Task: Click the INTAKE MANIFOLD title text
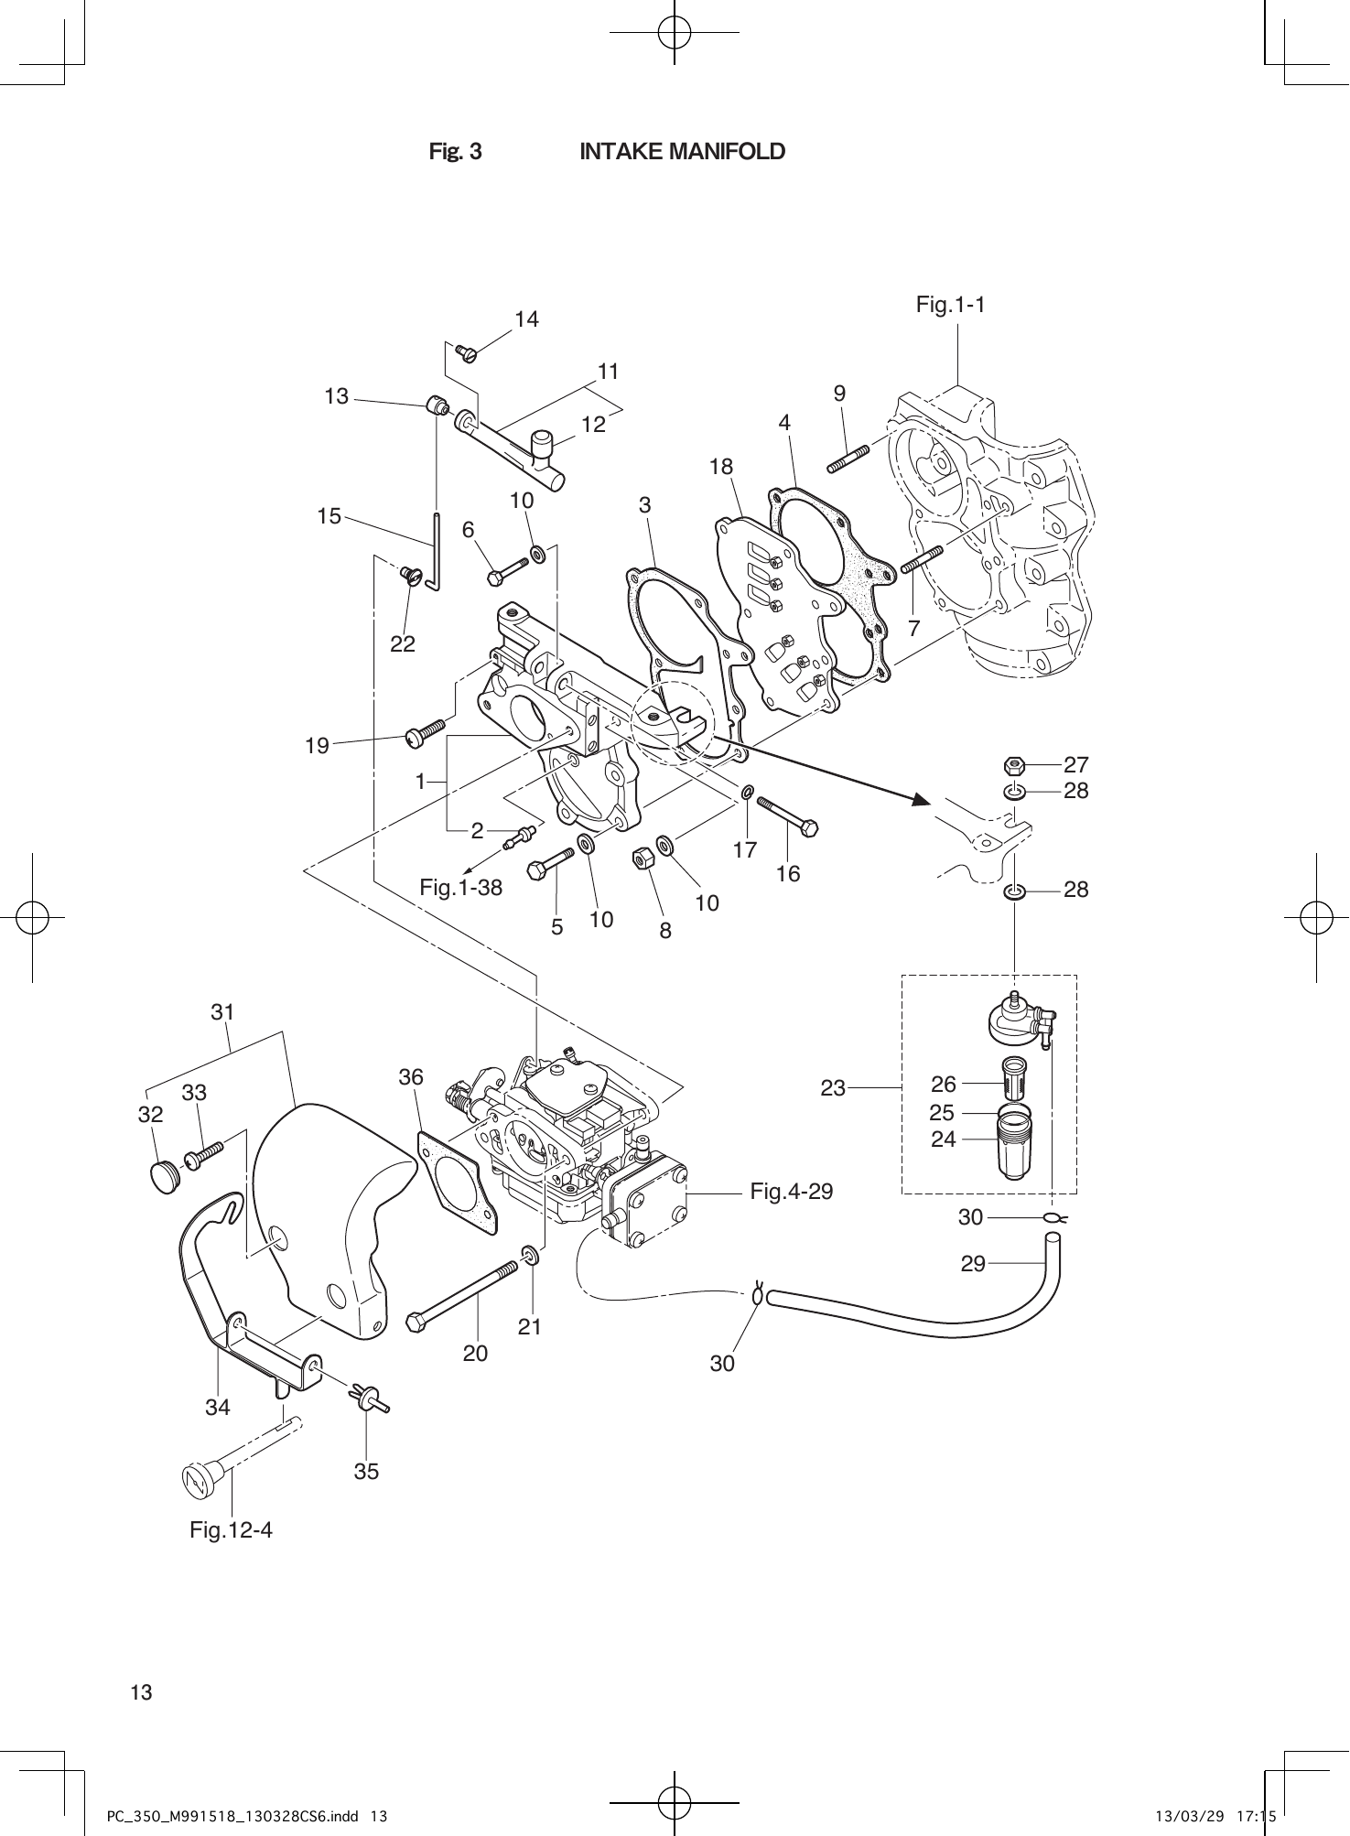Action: [682, 151]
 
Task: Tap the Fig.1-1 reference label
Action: [950, 305]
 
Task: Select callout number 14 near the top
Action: [526, 319]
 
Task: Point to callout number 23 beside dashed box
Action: [832, 1088]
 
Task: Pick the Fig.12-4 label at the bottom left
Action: [231, 1529]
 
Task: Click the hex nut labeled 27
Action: [1013, 764]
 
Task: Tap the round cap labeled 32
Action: [164, 1176]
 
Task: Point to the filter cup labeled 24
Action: [1012, 1155]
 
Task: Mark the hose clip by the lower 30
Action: [757, 1295]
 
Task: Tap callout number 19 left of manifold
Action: [317, 746]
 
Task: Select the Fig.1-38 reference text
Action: [460, 886]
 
